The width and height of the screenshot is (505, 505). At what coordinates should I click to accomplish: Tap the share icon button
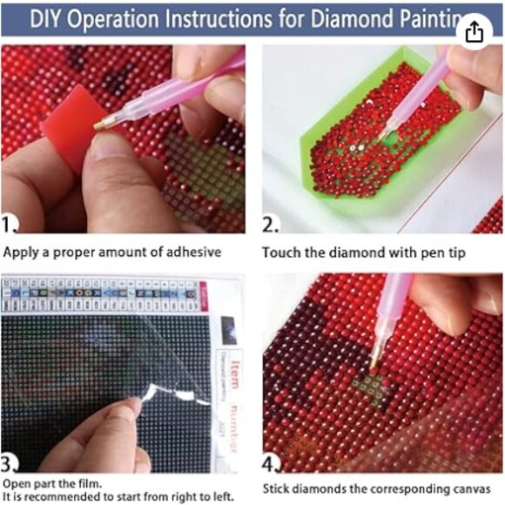[x=474, y=32]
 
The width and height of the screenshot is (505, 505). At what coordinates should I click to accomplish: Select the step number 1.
[x=10, y=226]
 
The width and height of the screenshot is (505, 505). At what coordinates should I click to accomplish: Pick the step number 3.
[x=10, y=461]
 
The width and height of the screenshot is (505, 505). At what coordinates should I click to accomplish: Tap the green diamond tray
[x=340, y=174]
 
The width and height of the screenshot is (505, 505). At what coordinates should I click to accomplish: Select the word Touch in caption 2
[x=280, y=252]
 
